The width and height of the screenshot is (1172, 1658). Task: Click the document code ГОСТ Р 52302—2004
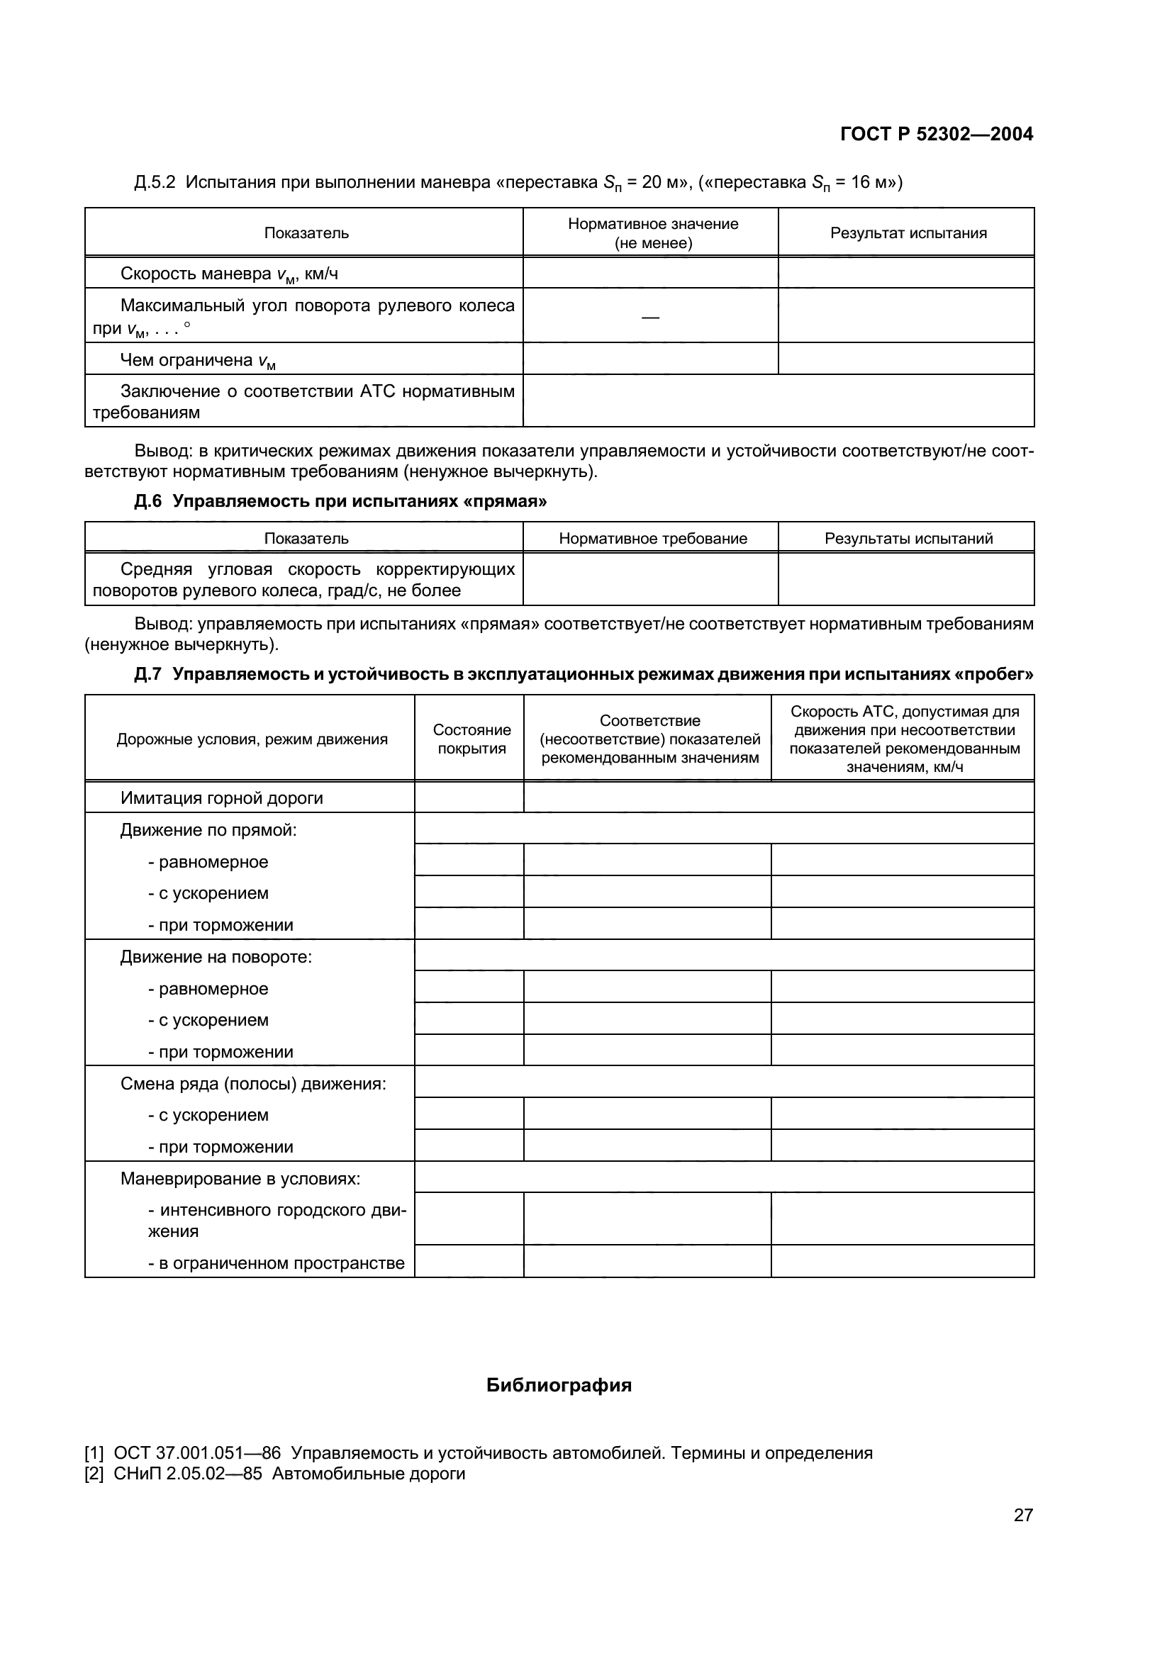(937, 134)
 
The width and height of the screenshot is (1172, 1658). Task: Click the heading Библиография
(559, 1385)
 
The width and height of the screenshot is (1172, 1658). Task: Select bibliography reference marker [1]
(94, 1453)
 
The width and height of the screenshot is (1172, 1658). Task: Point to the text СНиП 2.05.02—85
(188, 1474)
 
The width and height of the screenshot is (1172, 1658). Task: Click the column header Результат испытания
(908, 233)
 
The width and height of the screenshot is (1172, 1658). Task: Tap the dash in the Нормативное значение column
(650, 317)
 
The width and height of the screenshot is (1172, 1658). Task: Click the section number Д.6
(148, 501)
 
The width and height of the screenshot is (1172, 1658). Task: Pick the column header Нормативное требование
(653, 539)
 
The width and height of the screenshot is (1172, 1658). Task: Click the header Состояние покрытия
(471, 739)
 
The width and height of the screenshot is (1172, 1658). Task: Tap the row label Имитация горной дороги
(222, 798)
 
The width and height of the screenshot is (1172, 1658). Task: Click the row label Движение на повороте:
(216, 957)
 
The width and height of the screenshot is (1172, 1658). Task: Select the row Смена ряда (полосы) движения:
(252, 1084)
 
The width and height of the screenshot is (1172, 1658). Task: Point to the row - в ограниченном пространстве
(276, 1263)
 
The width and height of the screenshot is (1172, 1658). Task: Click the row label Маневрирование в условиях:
(240, 1179)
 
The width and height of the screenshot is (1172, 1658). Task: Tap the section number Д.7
(148, 674)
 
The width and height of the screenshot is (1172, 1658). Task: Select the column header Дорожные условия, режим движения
(252, 739)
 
